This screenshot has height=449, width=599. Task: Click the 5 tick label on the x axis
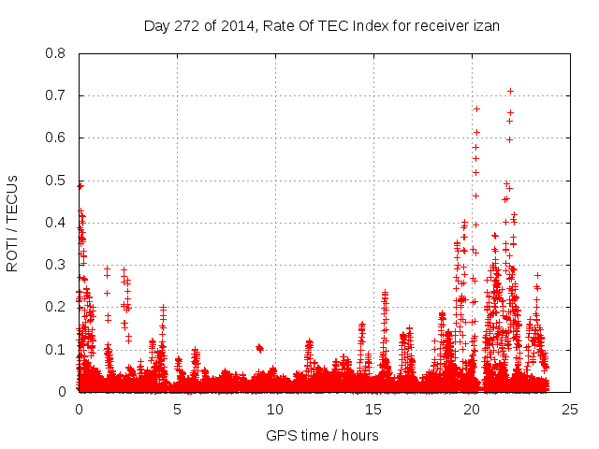177,409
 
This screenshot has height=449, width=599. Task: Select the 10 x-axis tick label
275,409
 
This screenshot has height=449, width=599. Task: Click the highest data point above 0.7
510,91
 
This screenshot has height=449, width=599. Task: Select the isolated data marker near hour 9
259,348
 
